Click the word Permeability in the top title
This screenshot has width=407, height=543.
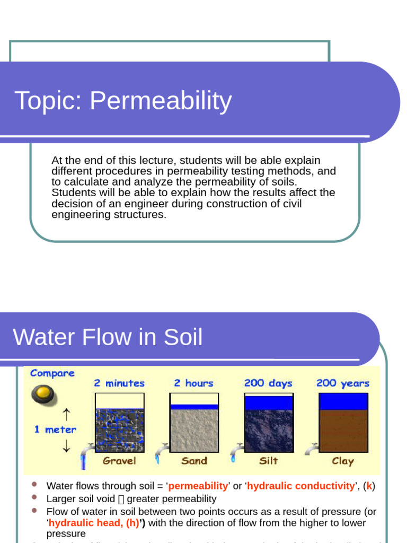click(161, 101)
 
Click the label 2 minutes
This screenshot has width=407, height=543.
click(119, 383)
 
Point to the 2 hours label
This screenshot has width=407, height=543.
click(193, 383)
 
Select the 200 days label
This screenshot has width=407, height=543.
click(268, 383)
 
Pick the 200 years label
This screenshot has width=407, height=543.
click(343, 383)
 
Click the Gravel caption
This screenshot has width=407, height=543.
click(119, 461)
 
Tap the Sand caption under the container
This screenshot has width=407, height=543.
click(194, 461)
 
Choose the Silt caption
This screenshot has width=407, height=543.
click(268, 461)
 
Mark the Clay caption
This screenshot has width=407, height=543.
click(342, 461)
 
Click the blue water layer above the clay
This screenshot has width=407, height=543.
click(343, 401)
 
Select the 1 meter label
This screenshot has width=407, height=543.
click(55, 430)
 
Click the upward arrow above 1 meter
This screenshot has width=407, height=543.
click(66, 413)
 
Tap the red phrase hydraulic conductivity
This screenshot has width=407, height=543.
click(301, 486)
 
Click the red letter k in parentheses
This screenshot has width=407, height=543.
click(369, 486)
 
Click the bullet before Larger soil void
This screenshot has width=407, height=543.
click(34, 497)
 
